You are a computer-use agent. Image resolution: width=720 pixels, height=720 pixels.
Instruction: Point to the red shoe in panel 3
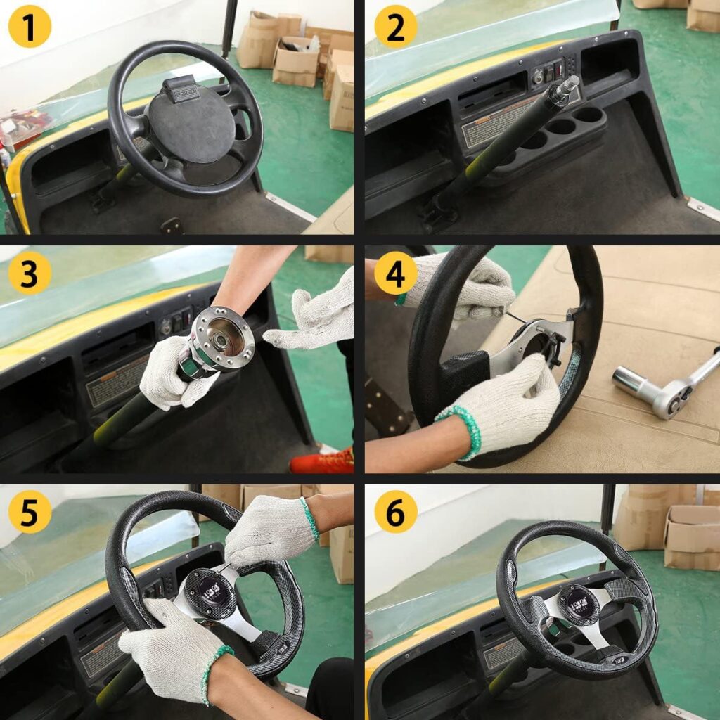tap(322, 461)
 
